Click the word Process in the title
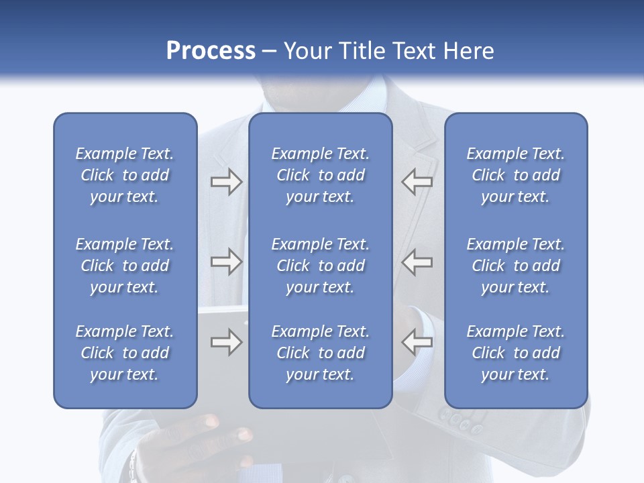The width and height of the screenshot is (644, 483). pyautogui.click(x=211, y=51)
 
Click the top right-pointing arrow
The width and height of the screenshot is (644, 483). pyautogui.click(x=226, y=182)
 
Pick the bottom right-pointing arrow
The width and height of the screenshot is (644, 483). pyautogui.click(x=226, y=342)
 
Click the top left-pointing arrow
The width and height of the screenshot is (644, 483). pyautogui.click(x=417, y=182)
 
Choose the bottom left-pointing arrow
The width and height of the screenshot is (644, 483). pyautogui.click(x=417, y=342)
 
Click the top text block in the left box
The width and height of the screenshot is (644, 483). pyautogui.click(x=125, y=175)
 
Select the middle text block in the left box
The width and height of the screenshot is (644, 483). pyautogui.click(x=125, y=266)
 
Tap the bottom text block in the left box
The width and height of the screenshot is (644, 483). pyautogui.click(x=125, y=353)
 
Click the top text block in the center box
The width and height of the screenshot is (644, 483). pyautogui.click(x=320, y=175)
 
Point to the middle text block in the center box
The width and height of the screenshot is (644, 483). pyautogui.click(x=320, y=266)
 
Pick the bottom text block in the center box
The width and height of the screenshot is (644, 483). pyautogui.click(x=320, y=353)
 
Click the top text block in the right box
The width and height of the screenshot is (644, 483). pyautogui.click(x=515, y=175)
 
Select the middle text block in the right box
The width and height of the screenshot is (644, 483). pyautogui.click(x=515, y=266)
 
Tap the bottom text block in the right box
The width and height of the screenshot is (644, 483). pyautogui.click(x=515, y=353)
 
